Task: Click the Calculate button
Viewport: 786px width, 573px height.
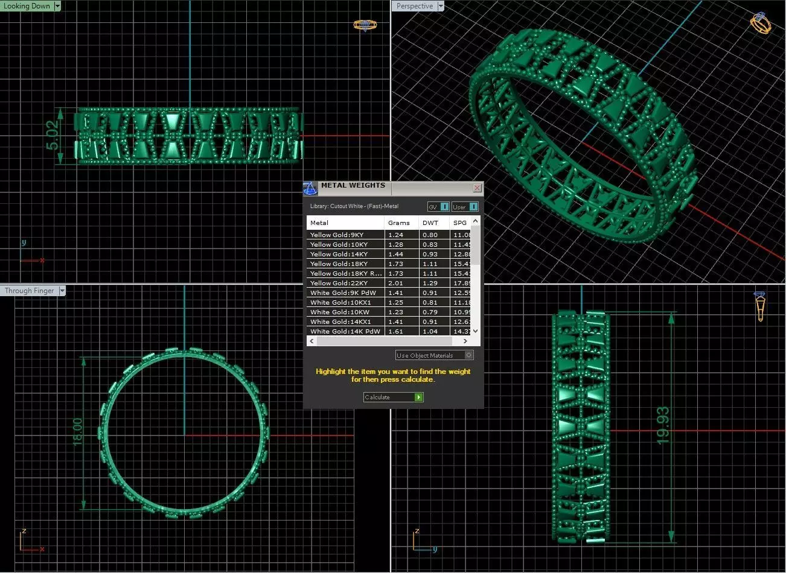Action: click(393, 397)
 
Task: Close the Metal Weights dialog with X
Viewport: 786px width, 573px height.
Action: click(477, 188)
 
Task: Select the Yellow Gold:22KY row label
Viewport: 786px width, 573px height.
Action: click(339, 283)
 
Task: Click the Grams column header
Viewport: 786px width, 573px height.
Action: click(399, 223)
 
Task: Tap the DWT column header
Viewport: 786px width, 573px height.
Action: click(430, 223)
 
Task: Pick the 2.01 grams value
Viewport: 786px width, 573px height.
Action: click(396, 283)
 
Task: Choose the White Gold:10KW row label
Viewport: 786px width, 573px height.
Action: click(340, 312)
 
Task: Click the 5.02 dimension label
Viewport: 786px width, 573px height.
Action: click(53, 136)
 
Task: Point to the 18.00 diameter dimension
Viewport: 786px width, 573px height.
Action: click(78, 432)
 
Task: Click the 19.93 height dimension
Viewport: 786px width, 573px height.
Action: click(662, 426)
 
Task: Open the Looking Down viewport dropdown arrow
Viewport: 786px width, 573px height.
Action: click(57, 6)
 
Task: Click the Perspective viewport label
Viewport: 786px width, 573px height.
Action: click(415, 6)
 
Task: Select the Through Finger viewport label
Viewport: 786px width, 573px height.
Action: click(30, 291)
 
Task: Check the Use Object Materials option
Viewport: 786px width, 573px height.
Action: click(469, 355)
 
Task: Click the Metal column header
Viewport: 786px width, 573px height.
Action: click(319, 223)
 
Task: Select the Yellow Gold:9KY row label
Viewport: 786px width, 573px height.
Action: click(337, 235)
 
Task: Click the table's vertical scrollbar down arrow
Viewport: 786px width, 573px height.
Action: click(475, 331)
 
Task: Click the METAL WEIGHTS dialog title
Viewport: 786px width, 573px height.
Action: click(353, 186)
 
